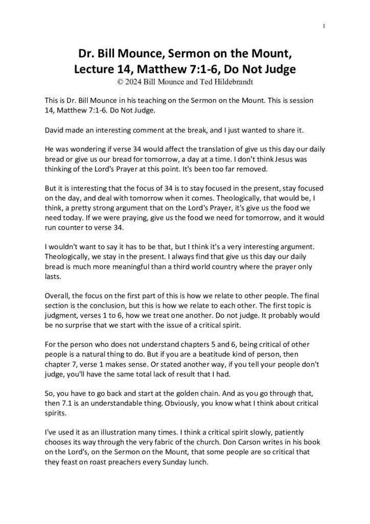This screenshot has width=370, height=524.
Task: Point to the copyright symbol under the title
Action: point(120,80)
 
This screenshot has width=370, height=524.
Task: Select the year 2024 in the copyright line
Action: point(134,80)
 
